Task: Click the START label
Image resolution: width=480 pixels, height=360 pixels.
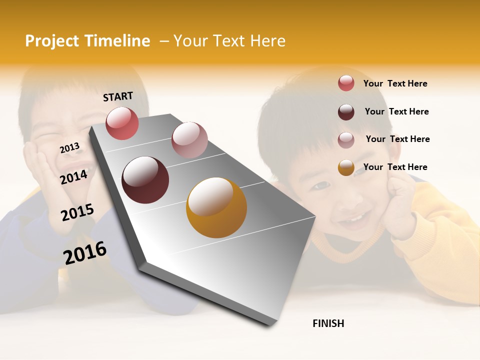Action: pos(118,96)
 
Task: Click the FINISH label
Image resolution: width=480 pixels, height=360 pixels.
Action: pos(328,323)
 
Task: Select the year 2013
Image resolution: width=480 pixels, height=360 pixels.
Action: pos(69,148)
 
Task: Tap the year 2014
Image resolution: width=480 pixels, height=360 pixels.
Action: pos(74,177)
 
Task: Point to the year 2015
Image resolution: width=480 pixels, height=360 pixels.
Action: pos(77,212)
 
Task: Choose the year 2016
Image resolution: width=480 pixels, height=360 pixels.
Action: pos(85,252)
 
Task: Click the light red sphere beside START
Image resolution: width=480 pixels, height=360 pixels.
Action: pos(122,123)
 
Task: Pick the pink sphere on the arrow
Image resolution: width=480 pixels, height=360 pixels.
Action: pos(189,140)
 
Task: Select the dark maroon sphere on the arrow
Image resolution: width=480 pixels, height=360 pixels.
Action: pos(145,180)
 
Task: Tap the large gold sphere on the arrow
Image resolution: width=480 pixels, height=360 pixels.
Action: pos(216,207)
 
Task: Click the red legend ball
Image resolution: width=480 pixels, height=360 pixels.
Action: pos(346,83)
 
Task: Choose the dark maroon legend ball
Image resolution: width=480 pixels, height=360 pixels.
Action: pos(346,111)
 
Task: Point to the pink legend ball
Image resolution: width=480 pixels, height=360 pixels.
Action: pos(346,139)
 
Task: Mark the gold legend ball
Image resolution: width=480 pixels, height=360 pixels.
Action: pos(346,167)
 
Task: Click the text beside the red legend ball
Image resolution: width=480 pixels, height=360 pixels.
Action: pos(395,83)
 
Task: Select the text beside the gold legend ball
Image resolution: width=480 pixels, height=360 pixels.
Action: pos(395,167)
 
